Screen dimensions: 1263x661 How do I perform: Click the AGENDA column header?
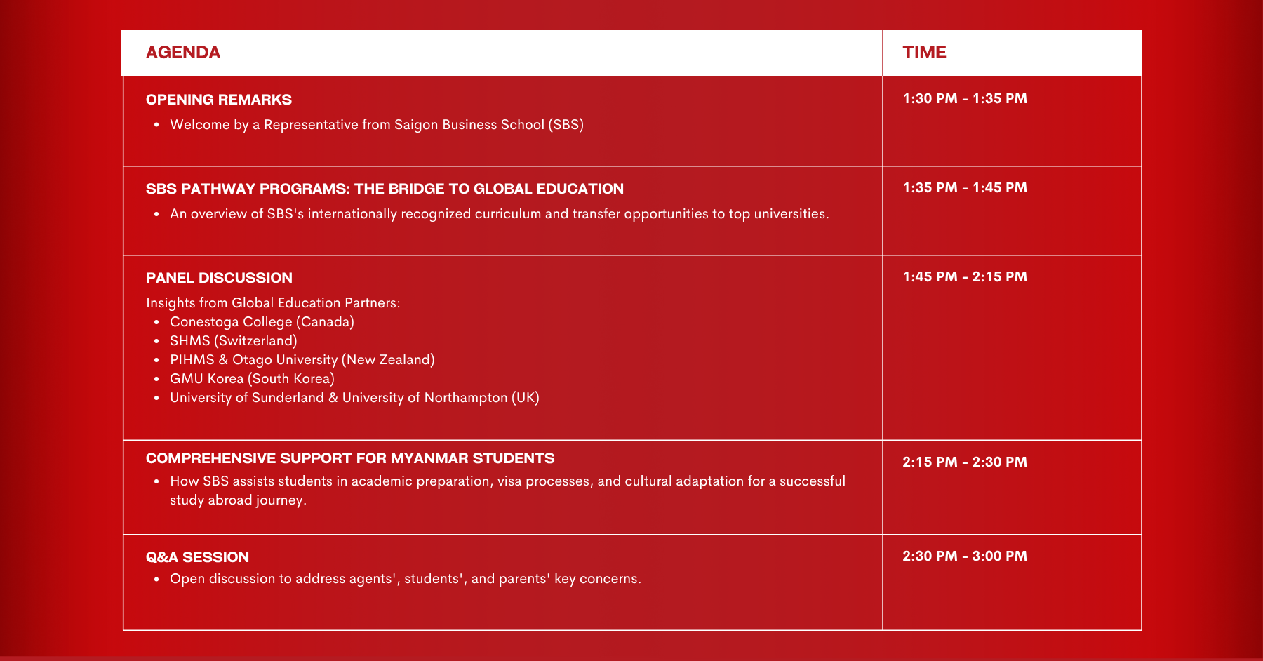coord(183,53)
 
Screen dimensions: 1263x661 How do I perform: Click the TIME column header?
coord(924,53)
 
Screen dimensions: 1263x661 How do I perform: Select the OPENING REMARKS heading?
coord(219,100)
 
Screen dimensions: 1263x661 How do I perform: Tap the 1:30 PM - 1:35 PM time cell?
coord(965,99)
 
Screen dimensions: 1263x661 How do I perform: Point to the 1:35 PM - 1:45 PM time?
coord(965,188)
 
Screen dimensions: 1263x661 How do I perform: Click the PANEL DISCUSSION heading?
coord(219,278)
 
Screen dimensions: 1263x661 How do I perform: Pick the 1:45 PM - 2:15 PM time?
coord(965,277)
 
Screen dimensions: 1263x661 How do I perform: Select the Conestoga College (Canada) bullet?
coord(262,322)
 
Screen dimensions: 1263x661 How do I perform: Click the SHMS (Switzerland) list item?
coord(234,341)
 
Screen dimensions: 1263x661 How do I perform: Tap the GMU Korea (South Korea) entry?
coord(252,379)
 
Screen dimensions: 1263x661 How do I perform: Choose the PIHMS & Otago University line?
coord(302,360)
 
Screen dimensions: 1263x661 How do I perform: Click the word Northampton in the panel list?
coord(465,398)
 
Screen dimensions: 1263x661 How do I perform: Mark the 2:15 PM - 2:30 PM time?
coord(965,462)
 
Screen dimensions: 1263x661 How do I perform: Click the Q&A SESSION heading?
coord(197,557)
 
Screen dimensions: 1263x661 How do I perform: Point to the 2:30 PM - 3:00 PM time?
coord(965,556)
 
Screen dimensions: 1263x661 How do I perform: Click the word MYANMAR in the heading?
coord(429,458)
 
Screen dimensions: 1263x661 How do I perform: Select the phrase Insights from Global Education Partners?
coord(273,303)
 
